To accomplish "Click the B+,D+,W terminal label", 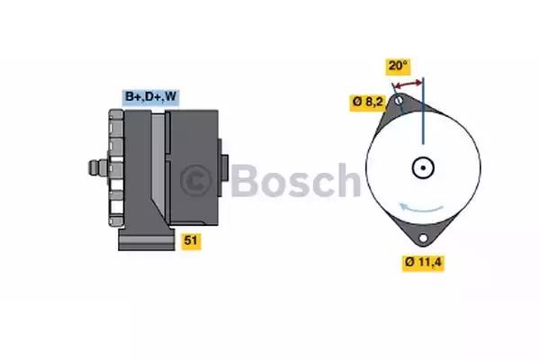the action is [151, 97].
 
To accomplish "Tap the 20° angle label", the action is [398, 66].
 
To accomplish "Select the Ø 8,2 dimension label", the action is [367, 103].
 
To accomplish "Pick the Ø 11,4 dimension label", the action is [423, 263].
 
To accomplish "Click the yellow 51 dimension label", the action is [191, 240].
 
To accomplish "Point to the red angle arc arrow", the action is [408, 84].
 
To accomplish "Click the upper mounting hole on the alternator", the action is [399, 101].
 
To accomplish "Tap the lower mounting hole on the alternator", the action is [423, 238].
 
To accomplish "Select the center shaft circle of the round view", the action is [423, 167].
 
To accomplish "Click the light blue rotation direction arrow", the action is [420, 209].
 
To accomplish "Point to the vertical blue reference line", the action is [423, 111].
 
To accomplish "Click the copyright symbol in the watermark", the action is [195, 180].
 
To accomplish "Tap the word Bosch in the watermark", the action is [295, 180].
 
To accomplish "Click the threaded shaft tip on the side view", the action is [94, 167].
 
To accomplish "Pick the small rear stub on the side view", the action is [223, 167].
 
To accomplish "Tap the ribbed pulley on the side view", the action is [116, 167].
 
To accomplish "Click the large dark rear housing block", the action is [193, 167].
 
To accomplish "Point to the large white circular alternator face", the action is [423, 167].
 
